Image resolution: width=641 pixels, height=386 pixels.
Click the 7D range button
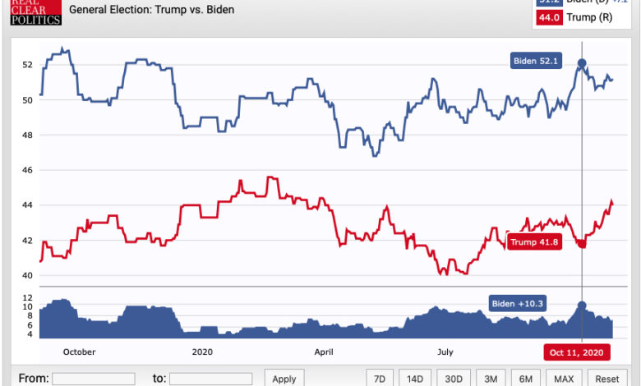[x=379, y=379]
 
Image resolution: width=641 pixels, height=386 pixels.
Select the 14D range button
[x=415, y=379]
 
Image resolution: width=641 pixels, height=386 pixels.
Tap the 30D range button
[x=454, y=379]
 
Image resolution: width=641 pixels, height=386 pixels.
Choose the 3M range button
[x=491, y=379]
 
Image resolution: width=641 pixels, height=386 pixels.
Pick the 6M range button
[x=526, y=379]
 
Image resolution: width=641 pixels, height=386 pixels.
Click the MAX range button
[x=564, y=379]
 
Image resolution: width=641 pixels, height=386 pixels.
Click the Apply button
[x=284, y=379]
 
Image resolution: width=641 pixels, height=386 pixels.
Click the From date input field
[x=93, y=379]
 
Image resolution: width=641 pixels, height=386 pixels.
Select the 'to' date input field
[x=210, y=379]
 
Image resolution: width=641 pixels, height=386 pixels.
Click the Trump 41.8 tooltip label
[x=534, y=242]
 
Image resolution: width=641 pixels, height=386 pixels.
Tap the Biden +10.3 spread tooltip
[x=517, y=303]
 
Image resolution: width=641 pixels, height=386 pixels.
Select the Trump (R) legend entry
[x=586, y=17]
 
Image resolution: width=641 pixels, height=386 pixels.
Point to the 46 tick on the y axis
[x=28, y=170]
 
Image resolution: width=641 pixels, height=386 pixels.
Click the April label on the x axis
[x=324, y=352]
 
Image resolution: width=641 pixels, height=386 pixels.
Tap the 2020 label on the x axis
[x=202, y=352]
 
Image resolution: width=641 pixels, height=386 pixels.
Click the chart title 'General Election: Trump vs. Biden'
[x=151, y=10]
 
